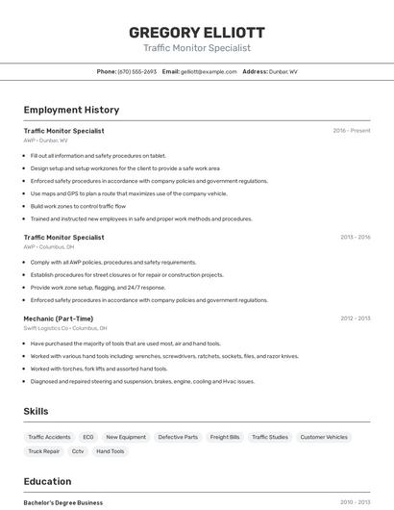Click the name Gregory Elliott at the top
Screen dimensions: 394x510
pyautogui.click(x=196, y=33)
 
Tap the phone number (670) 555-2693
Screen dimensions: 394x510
pyautogui.click(x=136, y=72)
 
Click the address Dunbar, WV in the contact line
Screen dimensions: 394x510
pyautogui.click(x=283, y=72)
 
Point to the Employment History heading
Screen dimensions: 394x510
pyautogui.click(x=71, y=111)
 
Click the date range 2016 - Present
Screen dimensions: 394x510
pyautogui.click(x=351, y=131)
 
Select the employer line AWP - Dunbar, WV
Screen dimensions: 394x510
pyautogui.click(x=45, y=140)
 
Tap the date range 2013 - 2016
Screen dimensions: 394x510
pyautogui.click(x=355, y=237)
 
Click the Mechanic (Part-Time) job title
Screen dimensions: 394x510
pyautogui.click(x=58, y=319)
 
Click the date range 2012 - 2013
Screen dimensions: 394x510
pyautogui.click(x=355, y=319)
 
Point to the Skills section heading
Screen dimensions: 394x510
pyautogui.click(x=36, y=412)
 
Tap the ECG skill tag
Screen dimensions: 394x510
pyautogui.click(x=88, y=437)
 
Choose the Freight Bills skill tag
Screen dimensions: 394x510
pyautogui.click(x=225, y=437)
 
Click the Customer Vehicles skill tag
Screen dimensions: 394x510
pyautogui.click(x=324, y=437)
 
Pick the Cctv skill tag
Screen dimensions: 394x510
pyautogui.click(x=78, y=451)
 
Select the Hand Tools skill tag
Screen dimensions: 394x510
pyautogui.click(x=111, y=451)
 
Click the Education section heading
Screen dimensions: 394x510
pyautogui.click(x=47, y=482)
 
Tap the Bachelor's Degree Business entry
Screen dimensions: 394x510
pyautogui.click(x=62, y=502)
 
